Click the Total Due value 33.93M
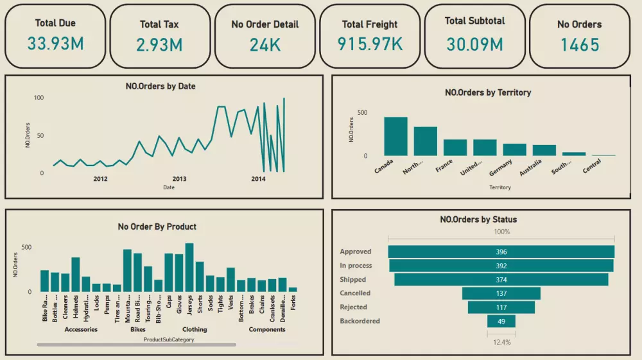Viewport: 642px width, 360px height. (55, 44)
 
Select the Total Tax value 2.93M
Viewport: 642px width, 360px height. (159, 45)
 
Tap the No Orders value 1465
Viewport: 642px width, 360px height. (579, 45)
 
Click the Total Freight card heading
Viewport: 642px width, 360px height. (369, 24)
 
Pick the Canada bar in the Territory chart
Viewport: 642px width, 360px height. (395, 136)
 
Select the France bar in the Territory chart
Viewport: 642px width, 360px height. (455, 148)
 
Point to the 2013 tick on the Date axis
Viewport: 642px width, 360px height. (179, 179)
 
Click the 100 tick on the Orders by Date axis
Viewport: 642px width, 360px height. (39, 98)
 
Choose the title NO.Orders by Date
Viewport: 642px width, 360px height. (160, 86)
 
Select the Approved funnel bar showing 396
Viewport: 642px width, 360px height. (501, 252)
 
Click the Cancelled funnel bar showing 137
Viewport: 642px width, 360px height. (501, 293)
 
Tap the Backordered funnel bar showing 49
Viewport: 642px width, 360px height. (501, 321)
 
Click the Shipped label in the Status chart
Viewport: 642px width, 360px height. (353, 280)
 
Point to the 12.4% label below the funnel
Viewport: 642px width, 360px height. (501, 342)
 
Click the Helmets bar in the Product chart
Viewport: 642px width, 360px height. (75, 274)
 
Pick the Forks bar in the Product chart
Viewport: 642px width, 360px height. (293, 289)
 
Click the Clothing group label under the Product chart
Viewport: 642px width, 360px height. (195, 329)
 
